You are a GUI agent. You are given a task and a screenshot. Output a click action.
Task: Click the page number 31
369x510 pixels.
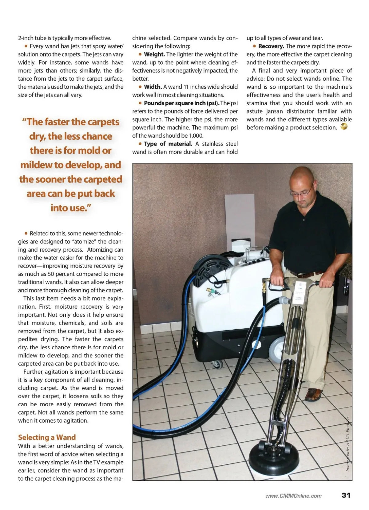pos(346,495)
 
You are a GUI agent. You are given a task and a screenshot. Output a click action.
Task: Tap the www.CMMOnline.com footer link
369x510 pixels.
pos(293,496)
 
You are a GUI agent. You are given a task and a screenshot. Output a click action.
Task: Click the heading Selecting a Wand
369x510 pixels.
pos(47,437)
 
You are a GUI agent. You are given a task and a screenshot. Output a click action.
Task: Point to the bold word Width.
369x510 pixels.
pos(153,87)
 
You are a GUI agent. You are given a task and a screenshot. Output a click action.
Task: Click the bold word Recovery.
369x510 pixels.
pos(271,46)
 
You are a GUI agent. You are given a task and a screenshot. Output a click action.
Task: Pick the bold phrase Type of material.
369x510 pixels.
pos(168,144)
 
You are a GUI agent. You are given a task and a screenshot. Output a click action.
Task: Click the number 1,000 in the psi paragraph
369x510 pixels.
pos(196,135)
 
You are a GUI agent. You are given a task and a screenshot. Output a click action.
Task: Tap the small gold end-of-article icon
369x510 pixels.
pos(344,126)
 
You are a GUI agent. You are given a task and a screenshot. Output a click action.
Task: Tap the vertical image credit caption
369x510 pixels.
pos(348,443)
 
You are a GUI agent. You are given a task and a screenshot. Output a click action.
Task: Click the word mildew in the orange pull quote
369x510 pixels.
pos(36,165)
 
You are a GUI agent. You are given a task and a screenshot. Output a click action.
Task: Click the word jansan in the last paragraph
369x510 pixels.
pos(275,111)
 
